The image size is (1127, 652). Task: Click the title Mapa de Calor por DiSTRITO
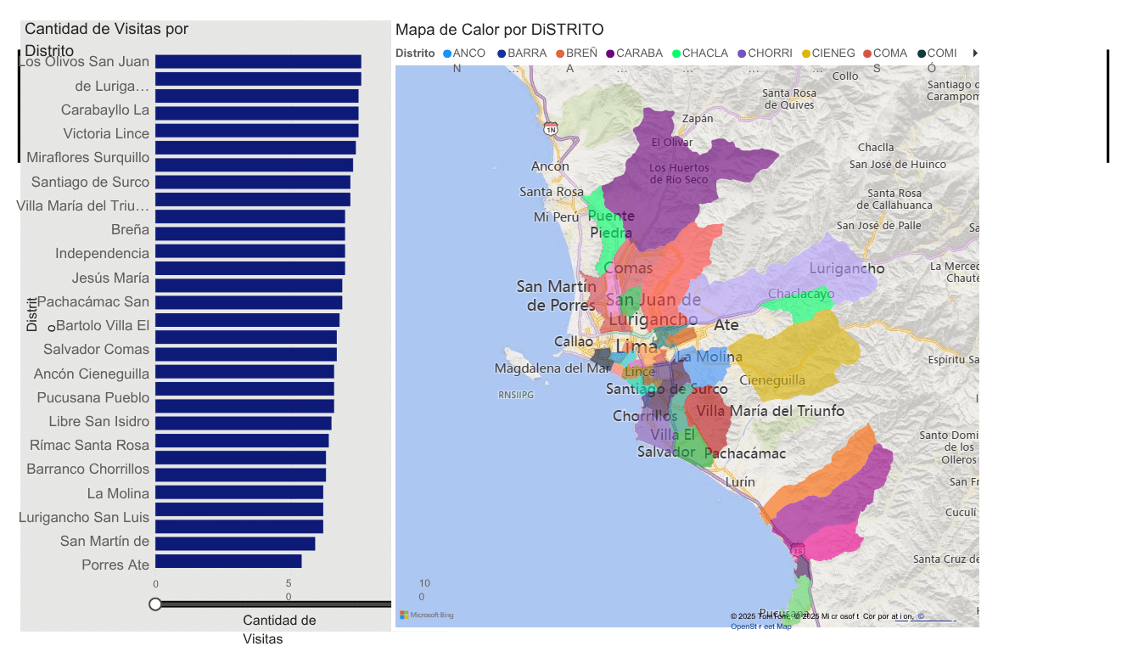[x=499, y=30]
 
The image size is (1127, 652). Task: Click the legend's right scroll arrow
[x=975, y=53]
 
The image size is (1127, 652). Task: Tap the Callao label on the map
[x=574, y=341]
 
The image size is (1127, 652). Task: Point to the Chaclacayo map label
[x=800, y=294]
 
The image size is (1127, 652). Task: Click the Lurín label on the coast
[x=740, y=481]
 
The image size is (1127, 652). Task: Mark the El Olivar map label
[x=672, y=143]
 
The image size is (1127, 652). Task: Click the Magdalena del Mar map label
[x=552, y=368]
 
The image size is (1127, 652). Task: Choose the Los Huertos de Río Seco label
[x=679, y=173]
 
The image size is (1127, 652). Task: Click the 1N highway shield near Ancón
[x=551, y=129]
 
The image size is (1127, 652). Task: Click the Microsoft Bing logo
[x=427, y=615]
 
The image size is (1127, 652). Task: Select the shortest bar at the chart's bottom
[x=228, y=561]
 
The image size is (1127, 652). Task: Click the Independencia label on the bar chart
[x=102, y=253]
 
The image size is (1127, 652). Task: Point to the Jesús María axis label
[x=110, y=278]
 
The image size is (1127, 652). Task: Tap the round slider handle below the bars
[x=155, y=604]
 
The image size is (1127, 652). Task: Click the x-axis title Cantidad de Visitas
[x=278, y=629]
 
